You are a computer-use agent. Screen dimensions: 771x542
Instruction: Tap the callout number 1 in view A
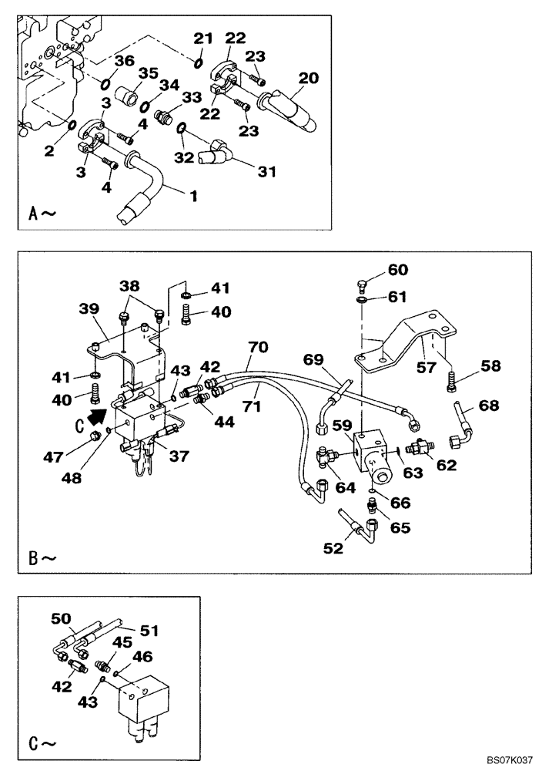tap(194, 196)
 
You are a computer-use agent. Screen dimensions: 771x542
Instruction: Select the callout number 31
tap(266, 172)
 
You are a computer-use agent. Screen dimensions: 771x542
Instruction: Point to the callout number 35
tap(148, 74)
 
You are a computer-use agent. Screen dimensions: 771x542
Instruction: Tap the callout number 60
tap(397, 270)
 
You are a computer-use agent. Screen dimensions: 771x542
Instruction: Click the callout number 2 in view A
tap(49, 150)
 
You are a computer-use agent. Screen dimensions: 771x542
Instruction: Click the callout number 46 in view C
tap(143, 656)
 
